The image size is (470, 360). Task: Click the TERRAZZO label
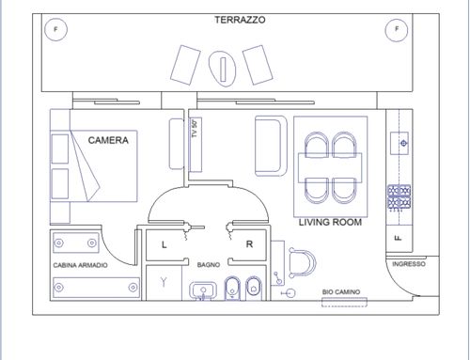click(x=240, y=20)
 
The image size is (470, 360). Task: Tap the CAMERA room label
click(x=108, y=140)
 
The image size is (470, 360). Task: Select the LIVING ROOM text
click(x=330, y=222)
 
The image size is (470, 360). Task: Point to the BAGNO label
click(x=209, y=265)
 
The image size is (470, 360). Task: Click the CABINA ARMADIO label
click(x=80, y=265)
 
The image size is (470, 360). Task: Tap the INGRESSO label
click(x=409, y=264)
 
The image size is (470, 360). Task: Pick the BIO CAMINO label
click(x=341, y=292)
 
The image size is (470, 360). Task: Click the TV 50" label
click(x=195, y=129)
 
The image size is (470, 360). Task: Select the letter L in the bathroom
click(x=164, y=244)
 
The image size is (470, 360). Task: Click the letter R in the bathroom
click(x=249, y=244)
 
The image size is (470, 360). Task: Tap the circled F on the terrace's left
click(x=55, y=29)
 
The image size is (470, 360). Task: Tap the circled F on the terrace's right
click(x=397, y=29)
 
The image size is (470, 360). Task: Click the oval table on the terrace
click(x=222, y=69)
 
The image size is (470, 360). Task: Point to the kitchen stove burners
click(x=399, y=197)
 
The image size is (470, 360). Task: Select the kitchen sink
click(x=399, y=143)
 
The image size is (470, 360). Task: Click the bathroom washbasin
click(x=203, y=290)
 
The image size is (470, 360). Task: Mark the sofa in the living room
click(x=271, y=146)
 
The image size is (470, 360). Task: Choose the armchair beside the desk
click(x=302, y=263)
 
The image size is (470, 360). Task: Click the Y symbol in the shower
click(x=164, y=282)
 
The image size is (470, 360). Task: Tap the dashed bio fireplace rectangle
click(x=344, y=303)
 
